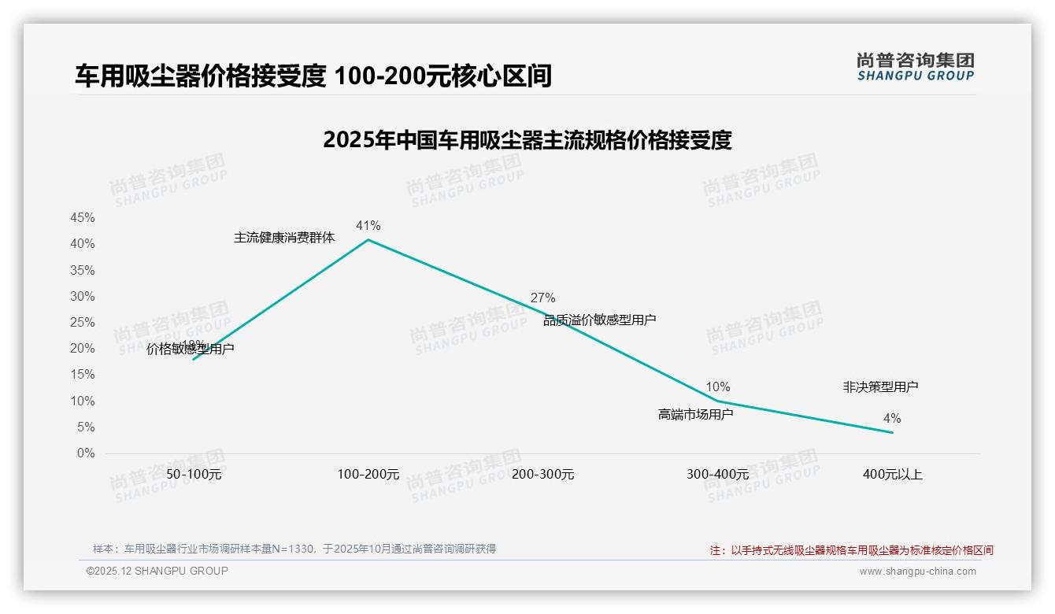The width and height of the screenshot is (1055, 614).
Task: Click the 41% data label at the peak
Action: [x=368, y=226]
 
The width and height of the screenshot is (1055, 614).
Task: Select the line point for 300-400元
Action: [x=717, y=401]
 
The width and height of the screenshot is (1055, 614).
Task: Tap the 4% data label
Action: [x=891, y=419]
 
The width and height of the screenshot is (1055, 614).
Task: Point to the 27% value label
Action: [x=542, y=298]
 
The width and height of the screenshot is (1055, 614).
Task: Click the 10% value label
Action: [x=717, y=387]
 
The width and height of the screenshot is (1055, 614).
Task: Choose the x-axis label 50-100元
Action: [x=194, y=475]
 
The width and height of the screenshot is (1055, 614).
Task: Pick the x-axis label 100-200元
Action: [x=368, y=475]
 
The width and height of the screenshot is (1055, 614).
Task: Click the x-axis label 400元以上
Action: [x=892, y=475]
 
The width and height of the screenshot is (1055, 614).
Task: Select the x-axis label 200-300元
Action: [x=543, y=475]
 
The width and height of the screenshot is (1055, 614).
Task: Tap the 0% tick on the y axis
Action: [x=86, y=453]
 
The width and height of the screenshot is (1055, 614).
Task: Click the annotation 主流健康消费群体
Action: [x=284, y=237]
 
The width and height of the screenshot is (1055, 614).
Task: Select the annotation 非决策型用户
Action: [x=880, y=387]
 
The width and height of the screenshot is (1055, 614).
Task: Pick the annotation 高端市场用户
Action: [x=695, y=414]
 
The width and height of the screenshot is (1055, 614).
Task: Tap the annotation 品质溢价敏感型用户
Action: [x=600, y=320]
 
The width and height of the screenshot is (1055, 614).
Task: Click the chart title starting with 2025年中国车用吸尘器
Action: [x=527, y=140]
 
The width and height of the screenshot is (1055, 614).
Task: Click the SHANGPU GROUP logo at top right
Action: [x=915, y=67]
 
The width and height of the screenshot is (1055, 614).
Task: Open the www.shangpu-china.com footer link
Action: [x=917, y=571]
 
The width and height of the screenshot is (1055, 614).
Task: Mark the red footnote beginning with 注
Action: [x=851, y=550]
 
